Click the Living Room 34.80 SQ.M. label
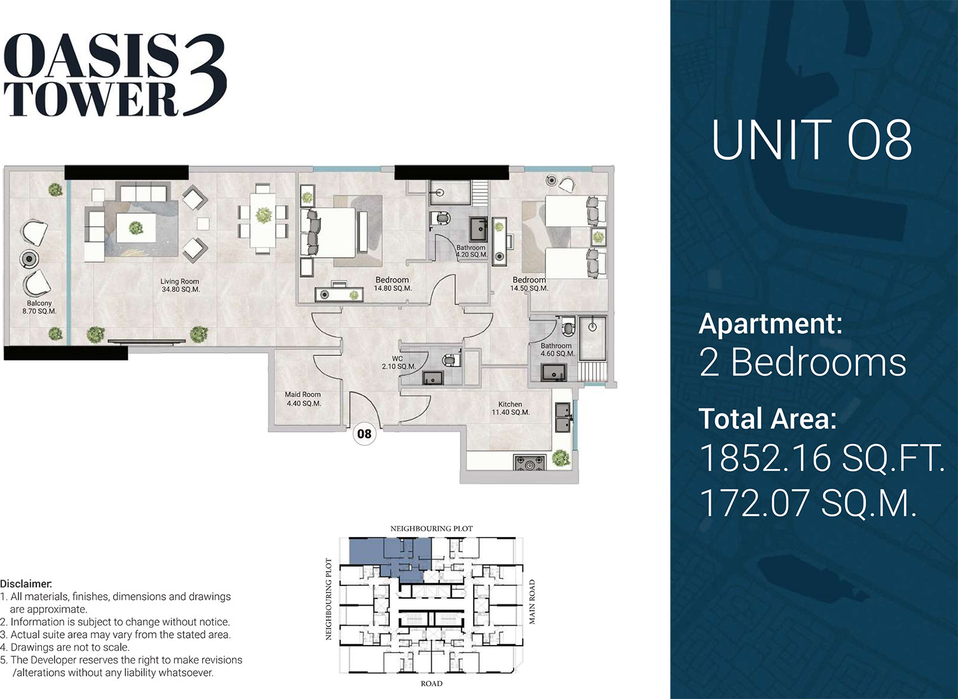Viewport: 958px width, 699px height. (x=180, y=285)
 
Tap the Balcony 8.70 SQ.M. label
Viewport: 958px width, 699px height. (x=39, y=307)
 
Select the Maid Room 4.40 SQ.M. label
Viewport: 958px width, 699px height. (x=303, y=399)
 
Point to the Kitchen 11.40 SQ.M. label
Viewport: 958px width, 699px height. (x=510, y=409)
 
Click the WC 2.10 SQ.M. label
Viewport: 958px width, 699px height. (x=399, y=363)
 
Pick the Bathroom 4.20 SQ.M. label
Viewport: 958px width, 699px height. (x=471, y=251)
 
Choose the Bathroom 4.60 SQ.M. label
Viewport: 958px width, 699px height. (x=556, y=349)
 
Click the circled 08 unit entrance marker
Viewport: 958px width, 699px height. (x=364, y=434)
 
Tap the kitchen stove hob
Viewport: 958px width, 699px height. (x=530, y=463)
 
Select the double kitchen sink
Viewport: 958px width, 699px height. (x=563, y=417)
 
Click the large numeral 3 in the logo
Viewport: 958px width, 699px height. (x=204, y=75)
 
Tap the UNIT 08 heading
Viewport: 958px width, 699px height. (x=811, y=140)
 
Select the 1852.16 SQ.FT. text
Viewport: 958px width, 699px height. (x=822, y=458)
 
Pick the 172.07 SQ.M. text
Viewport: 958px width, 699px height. (x=809, y=503)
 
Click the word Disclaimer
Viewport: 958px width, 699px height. (x=26, y=583)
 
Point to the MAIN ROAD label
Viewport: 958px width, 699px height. (x=532, y=602)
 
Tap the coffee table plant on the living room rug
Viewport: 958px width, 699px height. (x=136, y=227)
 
